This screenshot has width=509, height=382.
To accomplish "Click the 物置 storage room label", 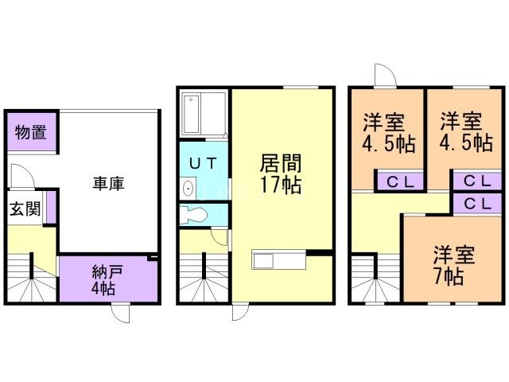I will [30, 133].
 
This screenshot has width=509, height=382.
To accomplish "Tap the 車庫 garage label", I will [108, 184].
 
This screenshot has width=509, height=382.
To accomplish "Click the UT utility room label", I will [204, 162].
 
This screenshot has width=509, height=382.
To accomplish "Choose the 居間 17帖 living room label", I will [279, 175].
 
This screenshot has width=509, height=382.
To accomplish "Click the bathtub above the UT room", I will [203, 115].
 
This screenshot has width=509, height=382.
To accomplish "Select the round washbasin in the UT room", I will [188, 189].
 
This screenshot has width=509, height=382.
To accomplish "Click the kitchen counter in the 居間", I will [278, 260].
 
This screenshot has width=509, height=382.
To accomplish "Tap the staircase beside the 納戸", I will [32, 279].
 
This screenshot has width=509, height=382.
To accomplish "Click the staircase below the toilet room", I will [203, 279].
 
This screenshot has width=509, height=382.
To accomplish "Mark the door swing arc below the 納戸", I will [119, 313].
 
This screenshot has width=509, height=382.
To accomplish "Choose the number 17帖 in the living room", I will [279, 186].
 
